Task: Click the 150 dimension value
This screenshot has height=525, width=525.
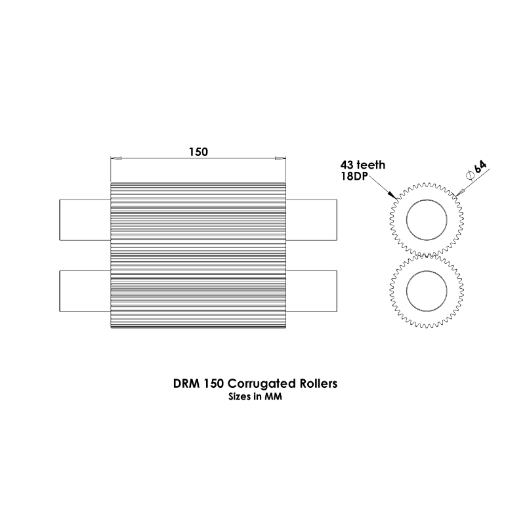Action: click(x=198, y=152)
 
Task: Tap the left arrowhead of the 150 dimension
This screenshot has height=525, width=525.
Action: click(x=116, y=158)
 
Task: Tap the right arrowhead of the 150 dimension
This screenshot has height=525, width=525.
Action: click(x=280, y=158)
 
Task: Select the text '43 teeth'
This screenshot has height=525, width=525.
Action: click(x=363, y=165)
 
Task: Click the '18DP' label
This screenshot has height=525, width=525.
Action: click(x=354, y=176)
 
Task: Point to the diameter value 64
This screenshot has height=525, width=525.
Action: click(x=480, y=167)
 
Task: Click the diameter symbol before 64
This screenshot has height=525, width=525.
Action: click(x=469, y=175)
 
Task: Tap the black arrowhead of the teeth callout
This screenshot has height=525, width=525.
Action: click(x=392, y=195)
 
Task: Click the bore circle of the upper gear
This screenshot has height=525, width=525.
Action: click(x=427, y=200)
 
